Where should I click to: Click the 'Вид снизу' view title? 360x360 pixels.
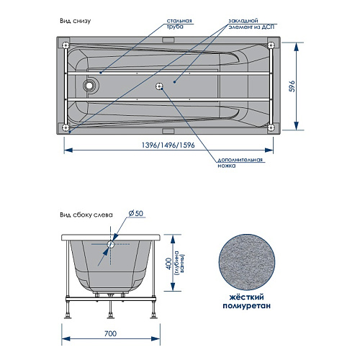[x=76, y=21]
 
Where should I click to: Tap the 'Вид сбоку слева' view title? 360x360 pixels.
[x=86, y=215]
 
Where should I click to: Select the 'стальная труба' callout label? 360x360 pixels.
[x=179, y=24]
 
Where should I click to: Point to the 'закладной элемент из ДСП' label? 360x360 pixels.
[x=251, y=24]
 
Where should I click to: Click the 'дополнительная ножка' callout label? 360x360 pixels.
[x=240, y=163]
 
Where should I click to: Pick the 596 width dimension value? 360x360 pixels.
[x=292, y=86]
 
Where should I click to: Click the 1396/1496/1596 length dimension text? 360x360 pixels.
[x=168, y=145]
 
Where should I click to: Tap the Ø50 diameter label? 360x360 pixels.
[x=136, y=213]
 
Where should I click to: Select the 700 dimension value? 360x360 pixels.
[x=111, y=333]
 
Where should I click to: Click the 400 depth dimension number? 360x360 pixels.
[x=168, y=264]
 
